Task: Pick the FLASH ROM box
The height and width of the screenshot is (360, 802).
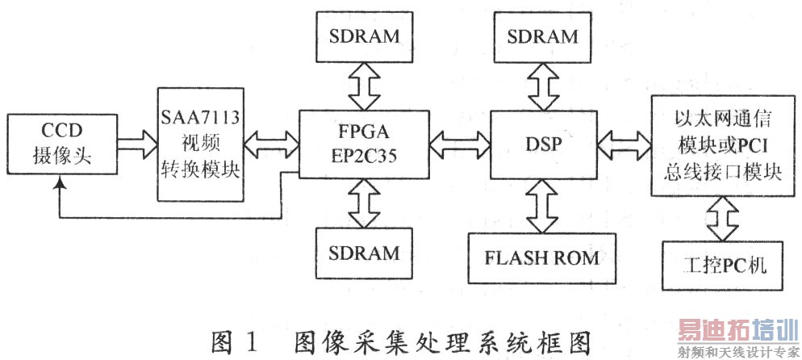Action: point(542,258)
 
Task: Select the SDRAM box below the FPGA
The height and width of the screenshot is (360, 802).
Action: point(363,253)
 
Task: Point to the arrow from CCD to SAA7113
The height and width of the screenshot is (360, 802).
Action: point(136,146)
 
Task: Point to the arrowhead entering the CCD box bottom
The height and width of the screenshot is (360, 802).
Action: point(59,186)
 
